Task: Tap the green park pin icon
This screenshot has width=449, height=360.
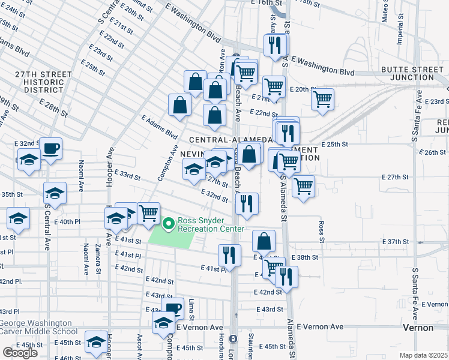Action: point(169,224)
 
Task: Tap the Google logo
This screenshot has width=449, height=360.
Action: point(20,353)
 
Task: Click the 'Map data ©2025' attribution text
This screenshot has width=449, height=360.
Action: point(424,355)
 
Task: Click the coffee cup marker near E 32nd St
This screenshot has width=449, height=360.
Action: point(50,148)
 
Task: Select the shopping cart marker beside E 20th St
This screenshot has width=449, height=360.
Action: point(323,99)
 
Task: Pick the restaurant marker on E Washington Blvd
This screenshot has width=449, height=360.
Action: point(275,45)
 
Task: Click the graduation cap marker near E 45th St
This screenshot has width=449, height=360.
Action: point(95,342)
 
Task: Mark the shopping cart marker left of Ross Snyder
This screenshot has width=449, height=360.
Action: point(148,214)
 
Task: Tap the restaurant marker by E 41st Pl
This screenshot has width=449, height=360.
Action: point(229,255)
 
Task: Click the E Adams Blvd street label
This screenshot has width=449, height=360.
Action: point(160,127)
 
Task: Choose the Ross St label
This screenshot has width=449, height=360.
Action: point(322,228)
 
